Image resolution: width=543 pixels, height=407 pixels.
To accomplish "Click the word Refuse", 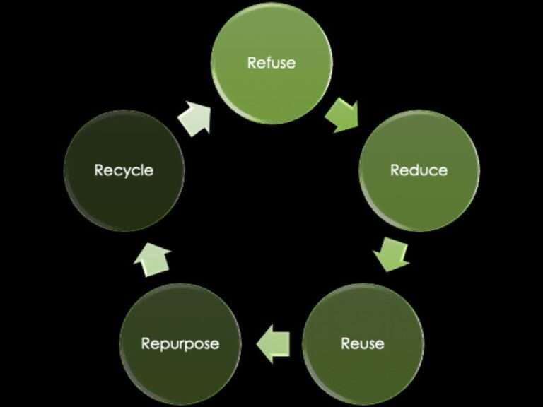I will (x=271, y=63).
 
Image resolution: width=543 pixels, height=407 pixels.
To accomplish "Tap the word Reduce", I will (x=419, y=170).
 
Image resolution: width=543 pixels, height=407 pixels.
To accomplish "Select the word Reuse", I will (x=363, y=344).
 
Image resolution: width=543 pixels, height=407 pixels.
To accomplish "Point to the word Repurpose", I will (x=180, y=344).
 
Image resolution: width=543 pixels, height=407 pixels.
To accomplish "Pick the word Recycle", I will (x=124, y=170).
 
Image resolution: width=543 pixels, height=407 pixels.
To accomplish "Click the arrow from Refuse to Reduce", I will (x=344, y=114).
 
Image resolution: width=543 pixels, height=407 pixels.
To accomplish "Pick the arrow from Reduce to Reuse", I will (x=391, y=254).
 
